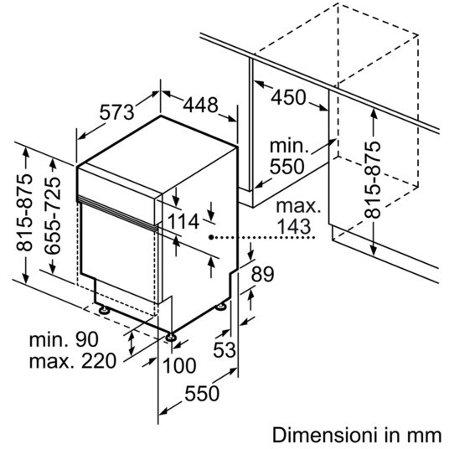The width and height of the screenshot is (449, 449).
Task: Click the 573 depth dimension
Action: pyautogui.click(x=116, y=111)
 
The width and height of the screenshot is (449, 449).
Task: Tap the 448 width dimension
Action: pyautogui.click(x=200, y=105)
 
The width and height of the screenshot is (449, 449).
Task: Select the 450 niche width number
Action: pyautogui.click(x=288, y=97)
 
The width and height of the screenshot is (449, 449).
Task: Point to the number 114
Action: pyautogui.click(x=183, y=221)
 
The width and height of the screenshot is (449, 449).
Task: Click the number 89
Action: pyautogui.click(x=262, y=274)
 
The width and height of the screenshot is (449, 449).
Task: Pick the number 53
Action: pyautogui.click(x=224, y=349)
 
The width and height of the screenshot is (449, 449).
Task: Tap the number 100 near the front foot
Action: pyautogui.click(x=179, y=366)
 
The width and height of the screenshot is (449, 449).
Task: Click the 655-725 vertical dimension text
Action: pyautogui.click(x=53, y=215)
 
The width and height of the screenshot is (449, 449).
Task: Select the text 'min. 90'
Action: pyautogui.click(x=64, y=339)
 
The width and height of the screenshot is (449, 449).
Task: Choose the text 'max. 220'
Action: pyautogui.click(x=73, y=361)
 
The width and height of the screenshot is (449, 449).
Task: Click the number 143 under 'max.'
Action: pyautogui.click(x=294, y=226)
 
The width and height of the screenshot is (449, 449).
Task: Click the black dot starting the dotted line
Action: pyautogui.click(x=211, y=237)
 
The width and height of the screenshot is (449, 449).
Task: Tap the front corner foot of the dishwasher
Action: pyautogui.click(x=171, y=337)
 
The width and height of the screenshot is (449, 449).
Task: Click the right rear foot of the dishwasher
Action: pyautogui.click(x=220, y=307)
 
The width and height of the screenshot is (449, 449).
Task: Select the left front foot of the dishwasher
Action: pyautogui.click(x=103, y=310)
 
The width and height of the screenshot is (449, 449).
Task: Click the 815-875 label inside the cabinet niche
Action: pyautogui.click(x=372, y=180)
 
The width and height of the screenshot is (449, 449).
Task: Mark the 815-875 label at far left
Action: pyautogui.click(x=24, y=212)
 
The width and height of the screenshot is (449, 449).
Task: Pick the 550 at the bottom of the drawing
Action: pyautogui.click(x=202, y=393)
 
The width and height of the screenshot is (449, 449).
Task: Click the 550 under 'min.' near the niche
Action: pyautogui.click(x=287, y=166)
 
